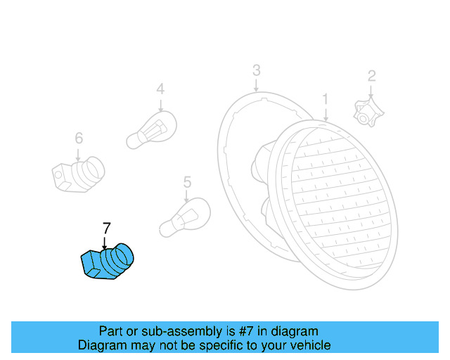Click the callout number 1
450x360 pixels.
click(x=326, y=98)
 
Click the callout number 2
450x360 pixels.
click(x=372, y=76)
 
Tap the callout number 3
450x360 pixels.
click(x=257, y=70)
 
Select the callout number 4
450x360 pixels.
click(x=160, y=89)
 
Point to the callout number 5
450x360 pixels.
click(x=187, y=183)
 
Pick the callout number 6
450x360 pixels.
click(x=79, y=138)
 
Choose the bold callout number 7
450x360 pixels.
click(x=106, y=228)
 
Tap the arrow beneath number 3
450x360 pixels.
click(x=257, y=84)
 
